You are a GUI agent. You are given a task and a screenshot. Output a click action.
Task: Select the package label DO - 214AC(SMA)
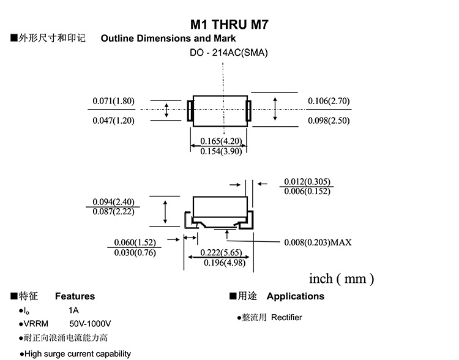[x=228, y=53]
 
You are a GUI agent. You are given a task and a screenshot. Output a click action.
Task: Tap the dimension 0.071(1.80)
[x=113, y=101]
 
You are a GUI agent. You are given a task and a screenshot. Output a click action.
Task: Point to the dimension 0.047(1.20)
[x=113, y=121]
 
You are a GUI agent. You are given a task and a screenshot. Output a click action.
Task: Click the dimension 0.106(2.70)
[x=329, y=101]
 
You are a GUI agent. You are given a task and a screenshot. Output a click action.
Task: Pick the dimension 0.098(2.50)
[x=329, y=121]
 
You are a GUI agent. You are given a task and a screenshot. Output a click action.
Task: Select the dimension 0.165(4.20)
[x=221, y=141]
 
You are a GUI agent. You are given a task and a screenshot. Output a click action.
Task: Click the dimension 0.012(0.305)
[x=307, y=181]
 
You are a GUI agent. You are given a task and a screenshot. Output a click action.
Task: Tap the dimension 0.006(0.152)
[x=307, y=191]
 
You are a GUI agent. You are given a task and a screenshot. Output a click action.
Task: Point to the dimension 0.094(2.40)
[x=113, y=202]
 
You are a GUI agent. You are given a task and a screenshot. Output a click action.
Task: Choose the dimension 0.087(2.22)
[x=113, y=211]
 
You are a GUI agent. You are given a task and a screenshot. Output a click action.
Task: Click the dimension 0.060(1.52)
[x=135, y=242]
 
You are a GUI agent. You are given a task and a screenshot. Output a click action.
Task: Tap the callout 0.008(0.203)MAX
[x=318, y=242]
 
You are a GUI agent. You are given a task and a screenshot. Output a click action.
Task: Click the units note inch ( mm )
[x=341, y=279]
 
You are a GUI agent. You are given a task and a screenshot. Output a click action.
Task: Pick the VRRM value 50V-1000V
[x=90, y=323]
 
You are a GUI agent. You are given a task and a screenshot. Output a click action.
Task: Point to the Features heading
[x=75, y=296]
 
